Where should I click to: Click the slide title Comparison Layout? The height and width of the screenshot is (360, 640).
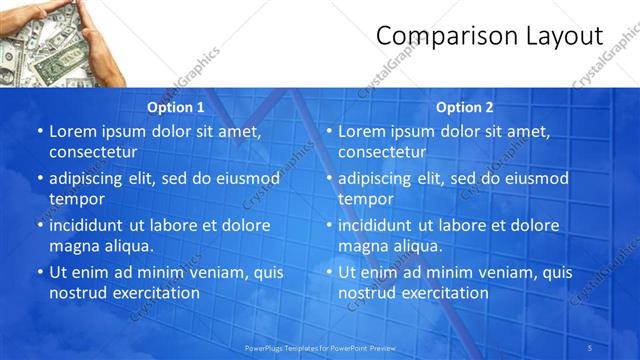point(489,37)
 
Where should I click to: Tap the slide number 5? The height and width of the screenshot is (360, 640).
point(592,347)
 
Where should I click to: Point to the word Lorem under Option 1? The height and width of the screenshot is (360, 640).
point(73,131)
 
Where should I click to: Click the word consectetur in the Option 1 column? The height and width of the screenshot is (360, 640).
point(93,152)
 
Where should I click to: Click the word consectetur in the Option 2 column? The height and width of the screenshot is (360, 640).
point(382,152)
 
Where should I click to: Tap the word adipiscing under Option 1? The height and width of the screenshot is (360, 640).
point(92,178)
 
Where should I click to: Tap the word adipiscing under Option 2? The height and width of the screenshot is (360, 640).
point(381,178)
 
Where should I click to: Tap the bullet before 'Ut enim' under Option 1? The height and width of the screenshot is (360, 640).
point(39,272)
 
